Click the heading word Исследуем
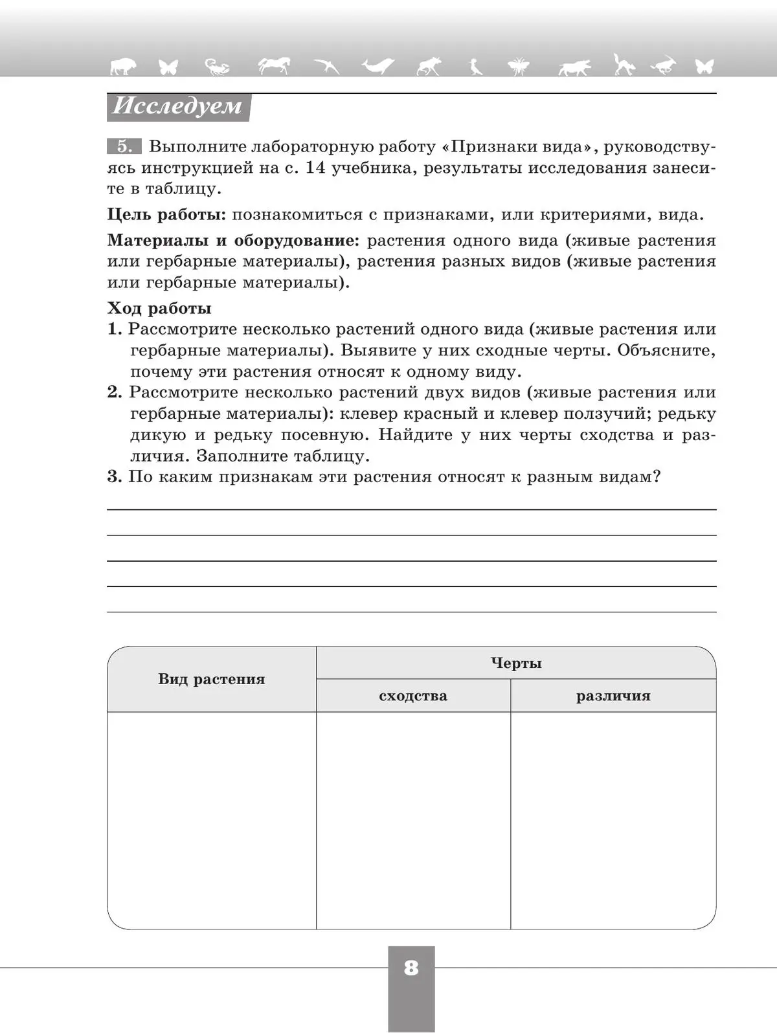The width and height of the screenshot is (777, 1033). [177, 106]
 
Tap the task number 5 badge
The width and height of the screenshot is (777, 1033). [124, 147]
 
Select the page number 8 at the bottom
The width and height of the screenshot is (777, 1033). [411, 968]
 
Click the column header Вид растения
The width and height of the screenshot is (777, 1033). [212, 679]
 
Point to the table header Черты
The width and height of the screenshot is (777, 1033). [516, 663]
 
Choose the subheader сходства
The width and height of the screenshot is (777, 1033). [413, 696]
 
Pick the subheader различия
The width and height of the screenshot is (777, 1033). [613, 696]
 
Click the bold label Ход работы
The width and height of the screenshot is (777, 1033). [159, 308]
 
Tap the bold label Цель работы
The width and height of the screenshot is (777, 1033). [166, 215]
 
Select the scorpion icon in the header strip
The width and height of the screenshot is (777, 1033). [218, 66]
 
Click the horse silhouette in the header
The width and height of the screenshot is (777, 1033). [273, 65]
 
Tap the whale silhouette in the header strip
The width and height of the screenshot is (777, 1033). [378, 66]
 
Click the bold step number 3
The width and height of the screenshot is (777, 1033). [114, 477]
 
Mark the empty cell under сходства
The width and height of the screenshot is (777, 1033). [413, 820]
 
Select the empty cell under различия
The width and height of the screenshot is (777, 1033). [613, 820]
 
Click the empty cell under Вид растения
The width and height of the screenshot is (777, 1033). [212, 820]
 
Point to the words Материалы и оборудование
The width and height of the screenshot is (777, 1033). [232, 241]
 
